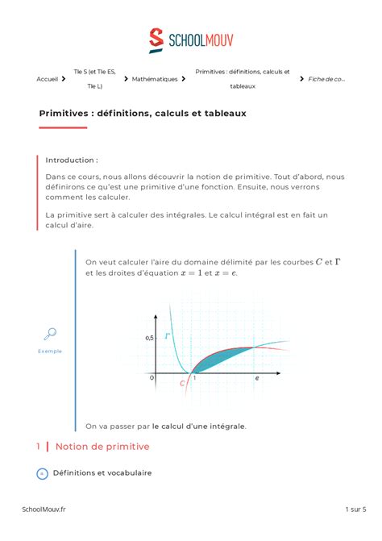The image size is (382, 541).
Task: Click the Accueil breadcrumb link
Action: pyautogui.click(x=48, y=79)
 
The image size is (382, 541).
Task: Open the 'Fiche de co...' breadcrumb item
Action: pyautogui.click(x=326, y=79)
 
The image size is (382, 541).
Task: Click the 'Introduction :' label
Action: pyautogui.click(x=72, y=160)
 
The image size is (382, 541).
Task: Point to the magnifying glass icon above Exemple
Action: pyautogui.click(x=49, y=335)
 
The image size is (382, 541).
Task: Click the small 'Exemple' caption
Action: pyautogui.click(x=50, y=351)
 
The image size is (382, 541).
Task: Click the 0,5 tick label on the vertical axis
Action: pyautogui.click(x=149, y=338)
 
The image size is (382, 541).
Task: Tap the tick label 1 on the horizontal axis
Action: pyautogui.click(x=193, y=377)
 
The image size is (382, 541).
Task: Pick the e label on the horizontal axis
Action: pyautogui.click(x=257, y=377)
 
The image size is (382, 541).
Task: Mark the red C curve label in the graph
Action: pyautogui.click(x=183, y=385)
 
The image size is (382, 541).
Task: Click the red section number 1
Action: pyautogui.click(x=38, y=446)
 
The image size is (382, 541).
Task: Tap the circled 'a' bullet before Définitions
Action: pyautogui.click(x=43, y=473)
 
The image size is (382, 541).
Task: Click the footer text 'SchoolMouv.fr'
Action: pyautogui.click(x=44, y=510)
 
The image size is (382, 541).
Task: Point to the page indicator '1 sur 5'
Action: pyautogui.click(x=355, y=510)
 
